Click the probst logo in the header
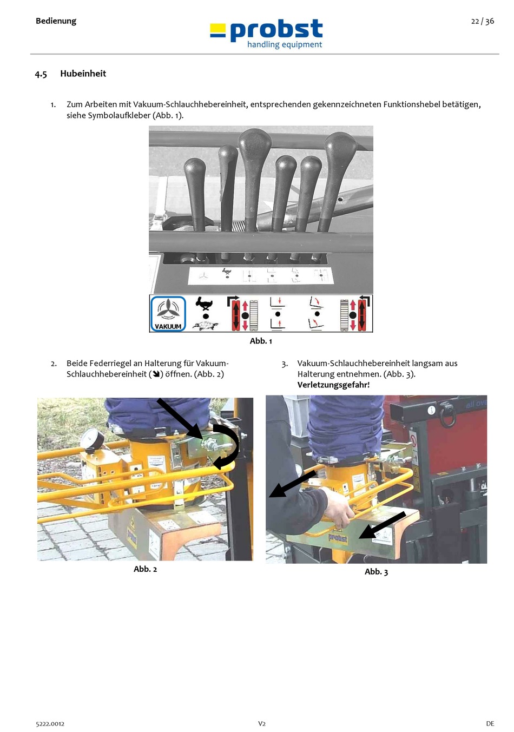click(267, 34)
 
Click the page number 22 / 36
click(482, 21)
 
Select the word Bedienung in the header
click(56, 21)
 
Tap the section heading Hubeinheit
click(83, 74)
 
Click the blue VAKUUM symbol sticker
click(168, 313)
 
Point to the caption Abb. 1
click(261, 341)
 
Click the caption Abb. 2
click(145, 569)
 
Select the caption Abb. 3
click(376, 572)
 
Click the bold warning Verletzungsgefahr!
click(333, 385)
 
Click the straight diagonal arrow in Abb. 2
click(180, 418)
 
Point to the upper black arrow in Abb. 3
click(292, 483)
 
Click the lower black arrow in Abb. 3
click(382, 525)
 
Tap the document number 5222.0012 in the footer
click(50, 723)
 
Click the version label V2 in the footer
click(261, 723)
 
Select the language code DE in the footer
click(490, 723)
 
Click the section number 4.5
click(41, 74)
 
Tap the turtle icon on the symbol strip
click(206, 325)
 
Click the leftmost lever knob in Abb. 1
click(195, 173)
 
